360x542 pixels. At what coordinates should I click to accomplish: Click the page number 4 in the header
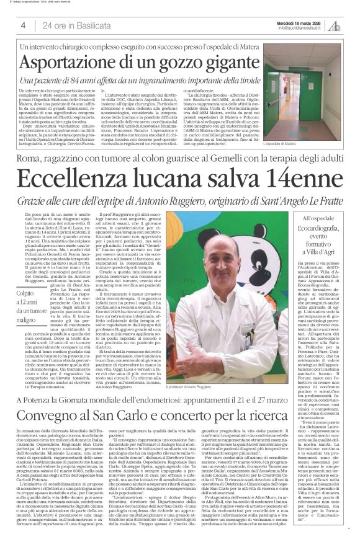point(23,25)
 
